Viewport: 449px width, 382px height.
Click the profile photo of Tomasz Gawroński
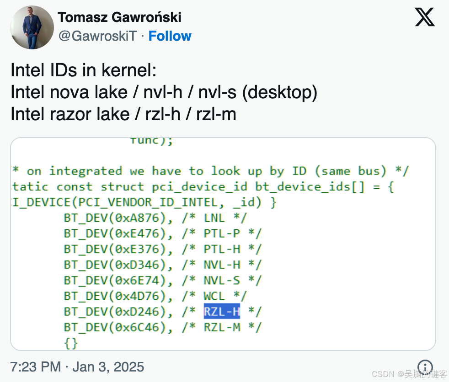(x=32, y=27)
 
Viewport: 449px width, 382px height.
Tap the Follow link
(x=170, y=36)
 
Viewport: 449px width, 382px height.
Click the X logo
(x=425, y=18)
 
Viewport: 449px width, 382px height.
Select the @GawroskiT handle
(x=98, y=36)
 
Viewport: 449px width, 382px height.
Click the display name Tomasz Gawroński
(x=119, y=17)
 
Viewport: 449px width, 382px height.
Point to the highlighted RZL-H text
(x=222, y=312)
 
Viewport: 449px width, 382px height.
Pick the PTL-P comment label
(x=222, y=234)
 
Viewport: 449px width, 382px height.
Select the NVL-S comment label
(x=222, y=281)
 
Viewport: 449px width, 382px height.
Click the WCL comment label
(x=214, y=296)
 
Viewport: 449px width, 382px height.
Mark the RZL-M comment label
(x=222, y=327)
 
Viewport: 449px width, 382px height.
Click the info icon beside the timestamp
(x=425, y=366)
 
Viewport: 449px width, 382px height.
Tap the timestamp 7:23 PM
(x=35, y=366)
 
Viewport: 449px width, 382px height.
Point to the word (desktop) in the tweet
(x=279, y=92)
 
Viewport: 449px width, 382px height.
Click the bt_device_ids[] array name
(x=307, y=187)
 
